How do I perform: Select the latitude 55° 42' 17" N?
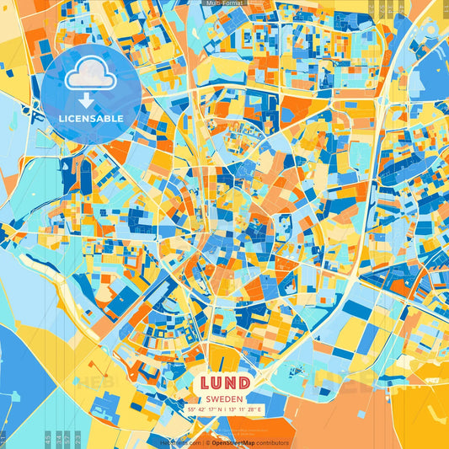[203, 409]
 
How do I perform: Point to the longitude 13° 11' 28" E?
[245, 409]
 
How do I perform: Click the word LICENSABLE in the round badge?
[91, 118]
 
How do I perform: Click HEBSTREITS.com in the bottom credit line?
[180, 442]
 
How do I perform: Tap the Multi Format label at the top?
[224, 3]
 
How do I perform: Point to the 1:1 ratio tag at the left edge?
[3, 438]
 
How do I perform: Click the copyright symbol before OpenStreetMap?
[206, 442]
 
